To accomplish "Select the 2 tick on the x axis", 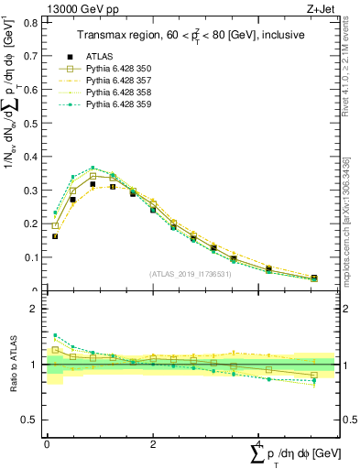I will (153, 443).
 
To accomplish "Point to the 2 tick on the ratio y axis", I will (37, 309).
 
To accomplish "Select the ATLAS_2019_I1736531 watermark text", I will (191, 274).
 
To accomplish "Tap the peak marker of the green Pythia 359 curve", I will (93, 168).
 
